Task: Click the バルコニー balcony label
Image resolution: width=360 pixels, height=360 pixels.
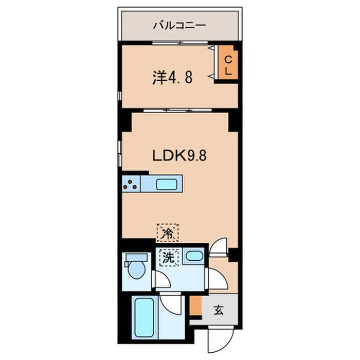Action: click(x=179, y=25)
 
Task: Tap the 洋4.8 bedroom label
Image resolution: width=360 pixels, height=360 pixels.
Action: click(x=172, y=78)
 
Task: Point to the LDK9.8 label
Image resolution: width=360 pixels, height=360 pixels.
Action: click(x=179, y=155)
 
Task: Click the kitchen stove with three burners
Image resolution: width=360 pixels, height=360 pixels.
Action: click(x=131, y=184)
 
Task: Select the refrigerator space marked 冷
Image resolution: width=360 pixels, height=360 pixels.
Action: click(x=167, y=233)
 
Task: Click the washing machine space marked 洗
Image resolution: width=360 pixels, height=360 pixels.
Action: click(x=169, y=257)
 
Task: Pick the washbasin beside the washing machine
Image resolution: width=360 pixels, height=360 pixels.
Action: click(x=194, y=256)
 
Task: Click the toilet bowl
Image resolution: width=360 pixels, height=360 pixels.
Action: click(x=137, y=270)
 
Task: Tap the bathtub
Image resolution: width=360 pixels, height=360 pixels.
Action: click(x=145, y=317)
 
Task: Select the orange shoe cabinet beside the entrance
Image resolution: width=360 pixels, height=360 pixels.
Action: click(x=196, y=306)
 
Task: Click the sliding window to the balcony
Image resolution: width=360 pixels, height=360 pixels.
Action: click(x=180, y=43)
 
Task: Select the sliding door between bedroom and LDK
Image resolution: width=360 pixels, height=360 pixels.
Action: click(x=177, y=110)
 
